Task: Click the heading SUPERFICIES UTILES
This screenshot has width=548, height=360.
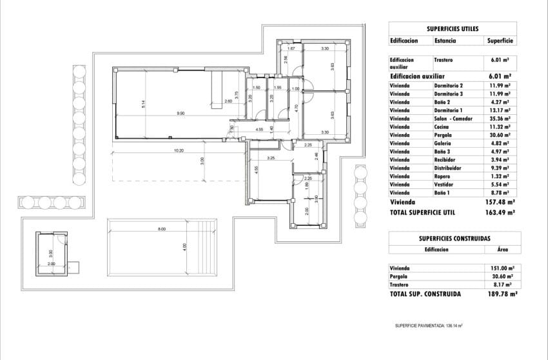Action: coord(452,29)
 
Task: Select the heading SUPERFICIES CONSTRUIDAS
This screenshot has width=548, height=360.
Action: coord(451,238)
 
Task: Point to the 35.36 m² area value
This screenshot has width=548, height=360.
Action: coord(498,119)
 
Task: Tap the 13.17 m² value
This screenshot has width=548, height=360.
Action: coord(498,110)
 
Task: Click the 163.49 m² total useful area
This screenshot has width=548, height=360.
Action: coord(500,211)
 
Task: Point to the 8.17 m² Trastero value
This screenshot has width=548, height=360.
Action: coord(500,285)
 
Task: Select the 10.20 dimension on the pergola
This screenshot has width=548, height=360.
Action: coord(179,150)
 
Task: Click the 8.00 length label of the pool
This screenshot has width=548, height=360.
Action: coord(162,229)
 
